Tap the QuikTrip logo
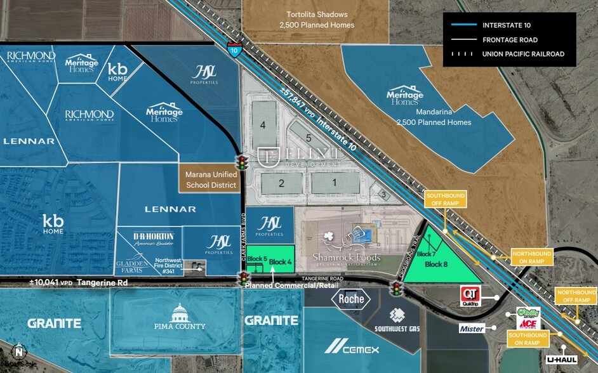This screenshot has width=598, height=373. pyautogui.click(x=469, y=294)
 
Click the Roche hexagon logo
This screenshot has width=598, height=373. pyautogui.click(x=351, y=298)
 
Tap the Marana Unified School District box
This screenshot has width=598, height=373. pyautogui.click(x=211, y=180)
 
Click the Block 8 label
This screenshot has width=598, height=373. pyautogui.click(x=437, y=264)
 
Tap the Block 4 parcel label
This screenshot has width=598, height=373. pyautogui.click(x=280, y=261)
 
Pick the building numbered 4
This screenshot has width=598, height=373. pyautogui.click(x=262, y=125)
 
